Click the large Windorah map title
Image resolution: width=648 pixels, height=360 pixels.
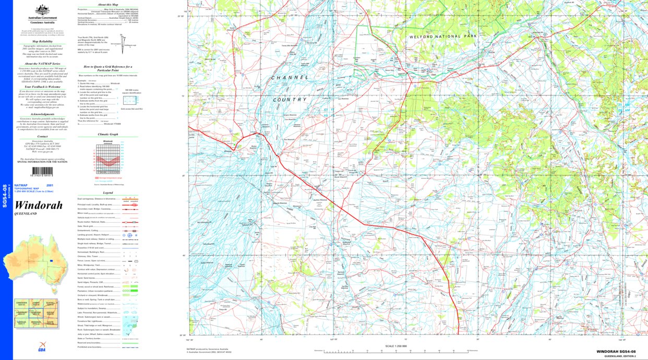39,205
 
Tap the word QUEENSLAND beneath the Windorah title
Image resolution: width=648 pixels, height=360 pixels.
26,214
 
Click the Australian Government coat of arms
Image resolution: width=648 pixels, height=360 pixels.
42,10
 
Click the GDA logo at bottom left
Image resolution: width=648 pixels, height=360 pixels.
41,350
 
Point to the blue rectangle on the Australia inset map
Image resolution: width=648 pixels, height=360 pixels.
51,260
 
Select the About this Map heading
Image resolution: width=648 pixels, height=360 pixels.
107,4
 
